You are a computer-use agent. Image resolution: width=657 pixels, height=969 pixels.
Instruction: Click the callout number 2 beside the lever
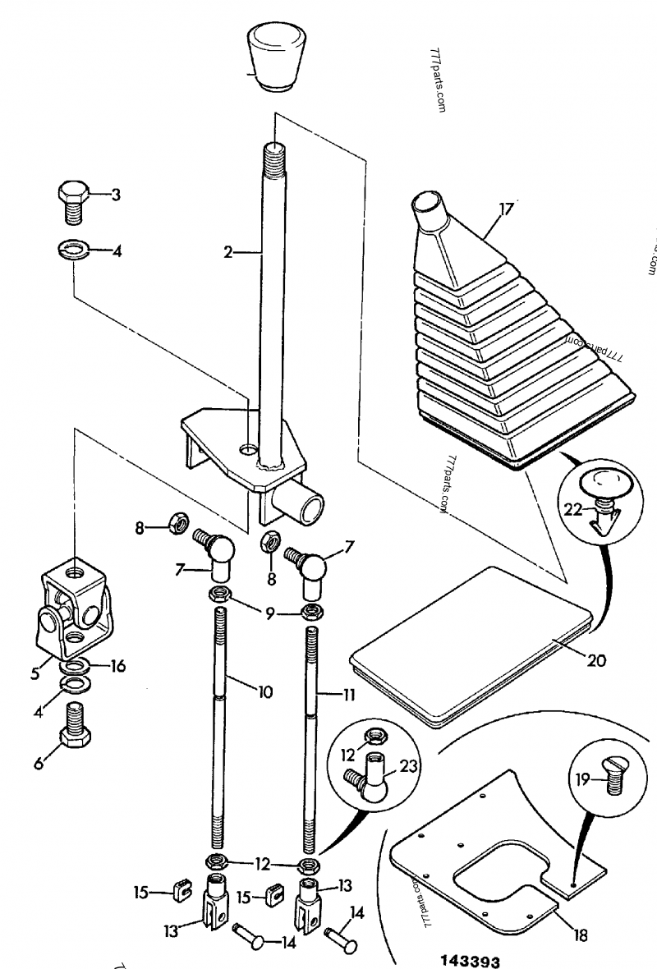coord(228,253)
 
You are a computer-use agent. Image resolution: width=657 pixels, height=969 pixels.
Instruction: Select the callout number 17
coord(506,209)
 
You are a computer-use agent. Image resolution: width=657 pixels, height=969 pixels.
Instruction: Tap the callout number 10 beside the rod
coord(264,692)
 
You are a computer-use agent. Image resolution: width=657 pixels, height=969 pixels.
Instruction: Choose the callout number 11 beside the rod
coord(348,695)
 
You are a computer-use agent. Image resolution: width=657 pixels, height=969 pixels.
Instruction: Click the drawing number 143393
coord(469,961)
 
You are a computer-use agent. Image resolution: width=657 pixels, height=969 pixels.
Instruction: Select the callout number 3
coord(116,195)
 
